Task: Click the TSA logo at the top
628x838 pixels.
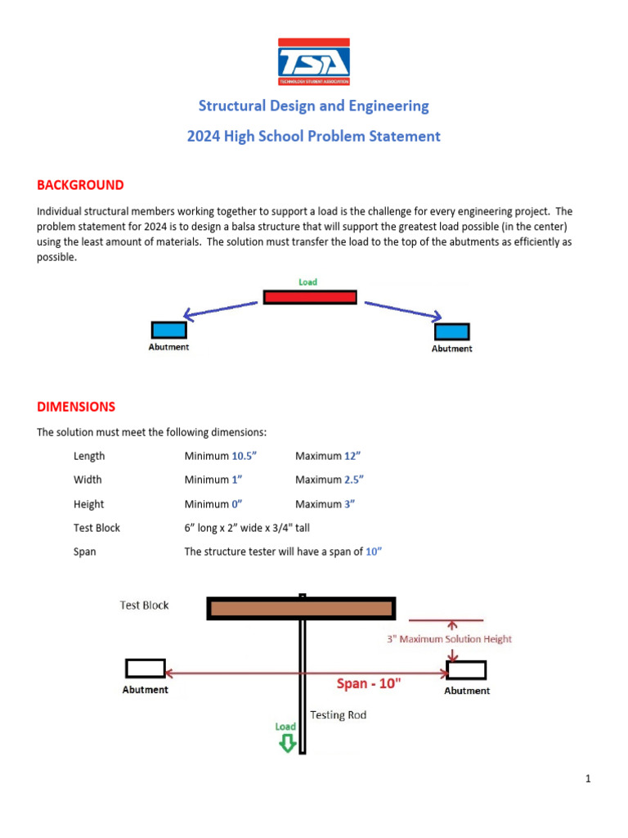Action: [313, 61]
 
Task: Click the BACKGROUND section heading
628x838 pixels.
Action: [80, 185]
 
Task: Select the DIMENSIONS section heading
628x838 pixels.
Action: [76, 406]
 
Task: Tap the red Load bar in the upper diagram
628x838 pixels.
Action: [310, 296]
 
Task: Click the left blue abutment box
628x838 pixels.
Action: [169, 330]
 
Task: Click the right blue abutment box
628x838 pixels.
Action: [451, 331]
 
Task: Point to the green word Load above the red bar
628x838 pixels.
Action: [307, 282]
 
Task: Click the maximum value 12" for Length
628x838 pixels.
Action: [352, 456]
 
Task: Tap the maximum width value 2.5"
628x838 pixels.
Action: [353, 480]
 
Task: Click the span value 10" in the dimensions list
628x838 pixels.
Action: [374, 552]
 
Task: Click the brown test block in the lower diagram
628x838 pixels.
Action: [302, 608]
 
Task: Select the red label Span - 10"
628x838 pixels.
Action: [369, 683]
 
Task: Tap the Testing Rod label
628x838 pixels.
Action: [338, 714]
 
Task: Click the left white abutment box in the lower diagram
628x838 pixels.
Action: [146, 668]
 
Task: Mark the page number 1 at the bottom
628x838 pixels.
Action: [587, 779]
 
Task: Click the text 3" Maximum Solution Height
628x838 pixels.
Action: [449, 639]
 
